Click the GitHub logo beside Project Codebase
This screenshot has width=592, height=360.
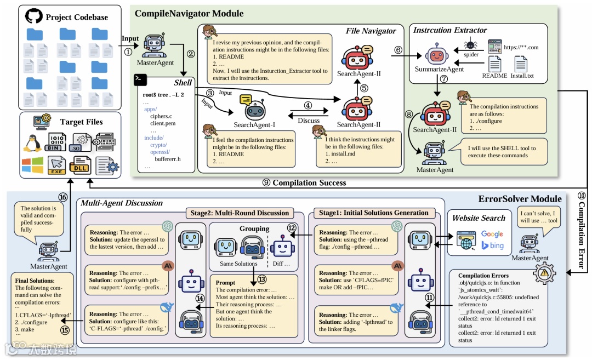pos(34,16)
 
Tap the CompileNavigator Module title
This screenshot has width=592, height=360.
pos(189,13)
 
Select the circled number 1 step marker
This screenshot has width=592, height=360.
pos(128,52)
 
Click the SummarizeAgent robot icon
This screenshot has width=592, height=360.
pos(436,56)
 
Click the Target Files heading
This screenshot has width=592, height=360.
pos(81,122)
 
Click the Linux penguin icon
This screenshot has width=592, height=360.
pos(33,141)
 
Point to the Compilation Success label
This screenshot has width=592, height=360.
pos(309,183)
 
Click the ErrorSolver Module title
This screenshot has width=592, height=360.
pos(520,198)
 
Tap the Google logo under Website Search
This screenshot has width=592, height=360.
pos(492,235)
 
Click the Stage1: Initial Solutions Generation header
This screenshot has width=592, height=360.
pos(373,213)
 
